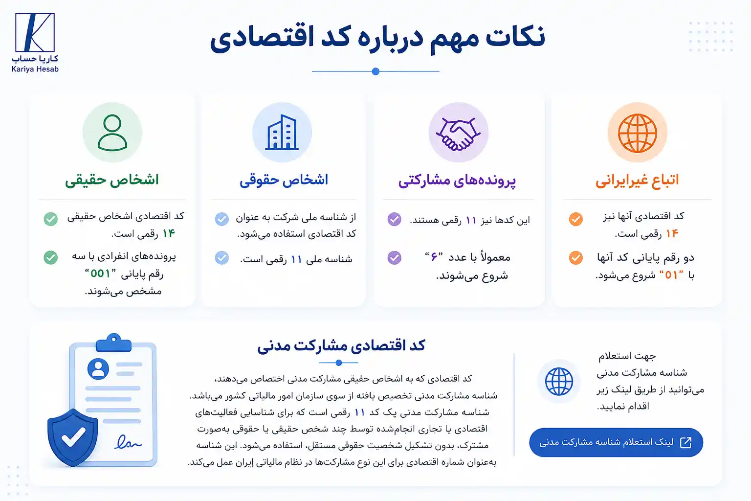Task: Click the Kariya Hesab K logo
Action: [x=35, y=33]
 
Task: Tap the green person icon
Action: [x=112, y=133]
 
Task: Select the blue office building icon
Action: [x=282, y=132]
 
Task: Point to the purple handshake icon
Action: [x=458, y=134]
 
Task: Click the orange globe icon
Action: [x=638, y=133]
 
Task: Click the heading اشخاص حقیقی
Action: [x=112, y=180]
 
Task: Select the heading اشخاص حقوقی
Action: [x=284, y=180]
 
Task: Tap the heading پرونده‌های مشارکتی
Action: [x=457, y=181]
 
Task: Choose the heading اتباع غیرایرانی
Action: [x=637, y=180]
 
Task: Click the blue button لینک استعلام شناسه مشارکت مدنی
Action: [x=616, y=442]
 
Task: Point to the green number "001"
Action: [x=100, y=273]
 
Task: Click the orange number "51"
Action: [x=671, y=275]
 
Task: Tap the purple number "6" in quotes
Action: [x=434, y=257]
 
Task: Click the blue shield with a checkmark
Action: [x=73, y=437]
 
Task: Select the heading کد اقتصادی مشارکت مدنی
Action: [x=341, y=345]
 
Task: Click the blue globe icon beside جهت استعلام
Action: [x=559, y=382]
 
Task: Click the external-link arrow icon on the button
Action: [x=685, y=442]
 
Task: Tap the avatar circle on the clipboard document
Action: [x=98, y=369]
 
